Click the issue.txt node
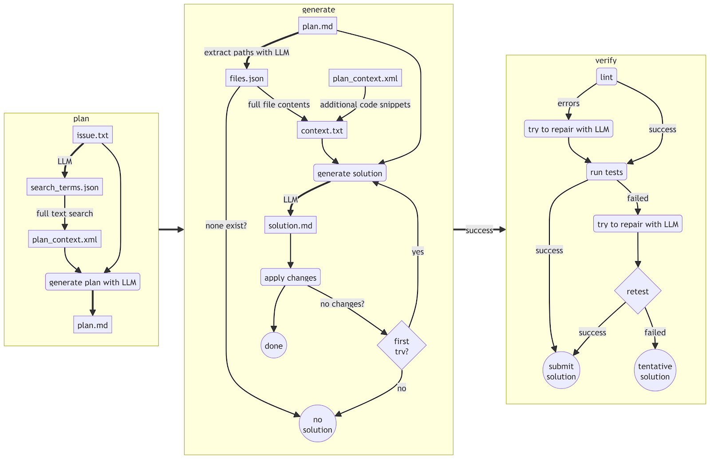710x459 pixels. click(x=93, y=135)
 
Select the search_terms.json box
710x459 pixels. click(x=65, y=187)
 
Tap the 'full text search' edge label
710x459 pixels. click(x=65, y=214)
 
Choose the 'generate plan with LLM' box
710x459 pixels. click(x=93, y=282)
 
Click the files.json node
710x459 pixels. click(x=246, y=78)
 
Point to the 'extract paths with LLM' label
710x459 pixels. click(x=247, y=52)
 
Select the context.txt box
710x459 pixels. click(x=322, y=131)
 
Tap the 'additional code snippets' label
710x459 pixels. click(x=365, y=105)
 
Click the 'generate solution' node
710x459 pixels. click(x=350, y=173)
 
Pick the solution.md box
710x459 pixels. click(x=290, y=226)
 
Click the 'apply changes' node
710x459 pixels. click(x=290, y=277)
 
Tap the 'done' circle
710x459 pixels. click(x=274, y=346)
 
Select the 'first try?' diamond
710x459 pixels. click(x=402, y=346)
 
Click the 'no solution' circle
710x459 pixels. click(x=317, y=424)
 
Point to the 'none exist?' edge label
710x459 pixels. click(x=226, y=226)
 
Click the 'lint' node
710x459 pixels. click(x=606, y=77)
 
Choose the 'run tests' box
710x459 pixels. click(x=606, y=172)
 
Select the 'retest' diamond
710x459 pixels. click(x=638, y=291)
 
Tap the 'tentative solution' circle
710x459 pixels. click(x=655, y=371)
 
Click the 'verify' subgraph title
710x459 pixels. click(x=606, y=60)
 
